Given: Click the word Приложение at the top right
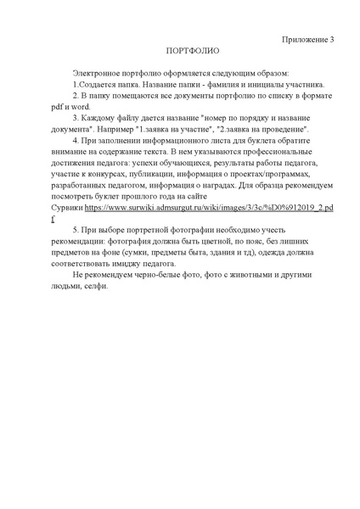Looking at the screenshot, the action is pyautogui.click(x=302, y=39).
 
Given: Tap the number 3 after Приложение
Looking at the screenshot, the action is pyautogui.click(x=332, y=39).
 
